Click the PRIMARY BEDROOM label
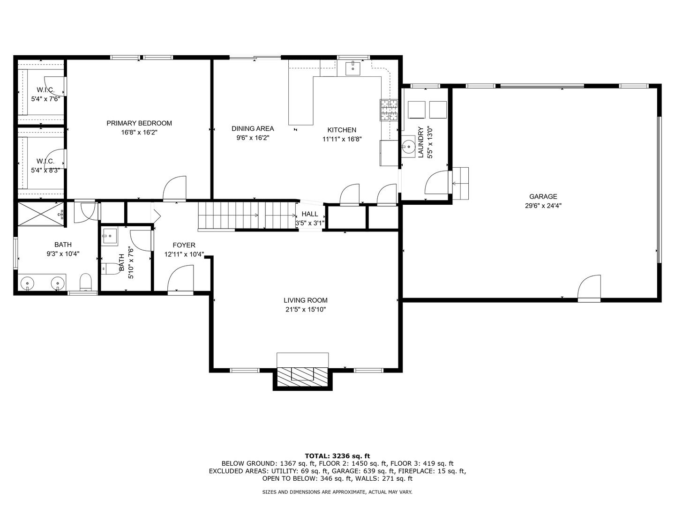(139, 123)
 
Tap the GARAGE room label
(543, 196)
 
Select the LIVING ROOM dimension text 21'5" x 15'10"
(305, 309)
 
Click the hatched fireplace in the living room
(303, 377)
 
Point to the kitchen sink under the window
(352, 68)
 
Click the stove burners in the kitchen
(390, 110)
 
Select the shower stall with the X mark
(41, 214)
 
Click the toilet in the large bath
(86, 282)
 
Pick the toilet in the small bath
(111, 268)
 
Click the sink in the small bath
(110, 237)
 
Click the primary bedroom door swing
(174, 188)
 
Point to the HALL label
(310, 214)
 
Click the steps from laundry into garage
(460, 183)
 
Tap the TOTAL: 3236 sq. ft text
(337, 456)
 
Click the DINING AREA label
(253, 128)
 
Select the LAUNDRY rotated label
(420, 142)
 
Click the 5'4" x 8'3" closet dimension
(45, 170)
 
